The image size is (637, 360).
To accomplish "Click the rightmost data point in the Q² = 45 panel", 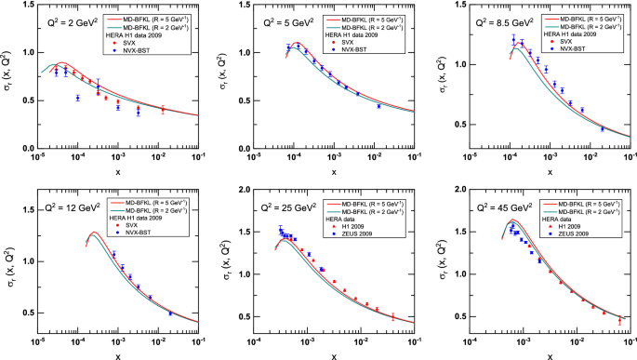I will (x=619, y=321).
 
